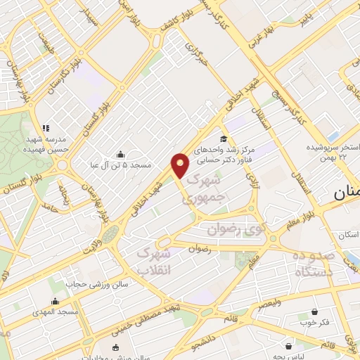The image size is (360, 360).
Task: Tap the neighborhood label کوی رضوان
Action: [x=234, y=229]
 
